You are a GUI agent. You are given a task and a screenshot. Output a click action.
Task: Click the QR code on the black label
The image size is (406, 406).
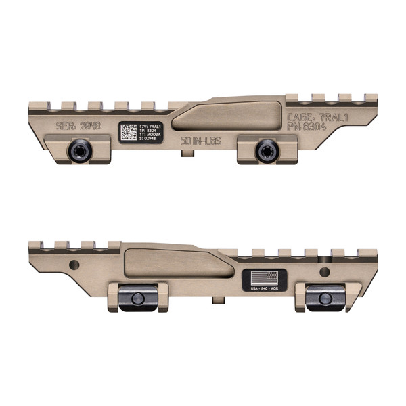coord(129,131)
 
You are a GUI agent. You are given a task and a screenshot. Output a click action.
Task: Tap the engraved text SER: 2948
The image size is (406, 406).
coord(78,127)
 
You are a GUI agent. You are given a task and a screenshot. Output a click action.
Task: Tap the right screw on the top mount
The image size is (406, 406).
coord(263,152)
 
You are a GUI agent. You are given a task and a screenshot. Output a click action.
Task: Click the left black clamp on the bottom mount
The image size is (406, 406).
coord(137,298)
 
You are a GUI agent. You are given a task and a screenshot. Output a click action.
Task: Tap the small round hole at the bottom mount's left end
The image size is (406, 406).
coord(75,263)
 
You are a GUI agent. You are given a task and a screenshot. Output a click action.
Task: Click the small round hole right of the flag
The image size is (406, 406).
coord(325,272)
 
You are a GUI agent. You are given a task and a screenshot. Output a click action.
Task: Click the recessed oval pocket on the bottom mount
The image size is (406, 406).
coord(177,263)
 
